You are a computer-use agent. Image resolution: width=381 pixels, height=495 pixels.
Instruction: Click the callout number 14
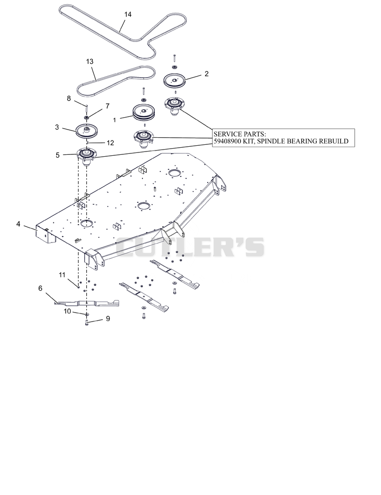[x=128, y=14]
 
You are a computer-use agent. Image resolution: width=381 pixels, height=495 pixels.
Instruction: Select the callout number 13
[x=90, y=61]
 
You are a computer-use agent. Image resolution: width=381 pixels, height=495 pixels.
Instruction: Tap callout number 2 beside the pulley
[x=206, y=74]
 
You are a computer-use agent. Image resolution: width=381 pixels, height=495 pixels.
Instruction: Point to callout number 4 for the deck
[x=18, y=224]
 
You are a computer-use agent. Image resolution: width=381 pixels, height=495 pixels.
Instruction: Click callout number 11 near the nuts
[x=62, y=275]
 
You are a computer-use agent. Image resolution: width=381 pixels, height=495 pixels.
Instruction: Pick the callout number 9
[x=108, y=319]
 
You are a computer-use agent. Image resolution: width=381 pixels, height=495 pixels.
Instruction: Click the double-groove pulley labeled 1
[x=143, y=113]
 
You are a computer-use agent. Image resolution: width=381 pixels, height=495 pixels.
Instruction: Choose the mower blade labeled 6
[x=87, y=303]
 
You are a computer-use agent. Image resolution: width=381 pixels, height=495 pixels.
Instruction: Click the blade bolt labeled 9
[x=87, y=323]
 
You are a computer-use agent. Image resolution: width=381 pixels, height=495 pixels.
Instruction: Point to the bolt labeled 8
[x=86, y=108]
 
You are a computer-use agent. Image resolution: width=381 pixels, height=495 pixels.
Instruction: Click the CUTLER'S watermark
[x=190, y=247]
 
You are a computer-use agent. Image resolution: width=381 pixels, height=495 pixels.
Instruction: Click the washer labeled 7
[x=86, y=117]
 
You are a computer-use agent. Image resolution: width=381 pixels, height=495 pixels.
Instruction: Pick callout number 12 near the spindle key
[x=110, y=143]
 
